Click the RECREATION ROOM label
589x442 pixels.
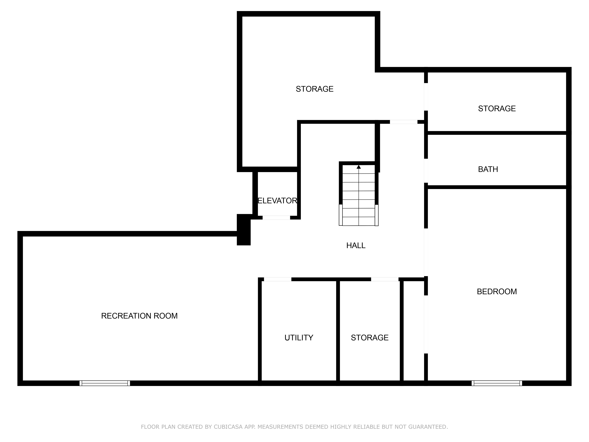click(x=139, y=316)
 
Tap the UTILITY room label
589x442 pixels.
click(x=299, y=338)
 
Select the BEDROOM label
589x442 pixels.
click(x=497, y=291)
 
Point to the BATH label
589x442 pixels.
click(x=488, y=169)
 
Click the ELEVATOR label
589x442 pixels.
click(x=277, y=201)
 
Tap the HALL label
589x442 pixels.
click(x=356, y=245)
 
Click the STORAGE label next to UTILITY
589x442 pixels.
click(x=370, y=338)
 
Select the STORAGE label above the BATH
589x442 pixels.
click(x=497, y=108)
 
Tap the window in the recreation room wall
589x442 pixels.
click(x=105, y=383)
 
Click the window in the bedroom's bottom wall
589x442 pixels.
click(x=497, y=383)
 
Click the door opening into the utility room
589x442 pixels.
click(x=277, y=279)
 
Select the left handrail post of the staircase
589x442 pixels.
click(x=341, y=215)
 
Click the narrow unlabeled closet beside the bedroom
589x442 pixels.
click(x=413, y=330)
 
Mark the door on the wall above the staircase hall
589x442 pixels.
click(x=403, y=122)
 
